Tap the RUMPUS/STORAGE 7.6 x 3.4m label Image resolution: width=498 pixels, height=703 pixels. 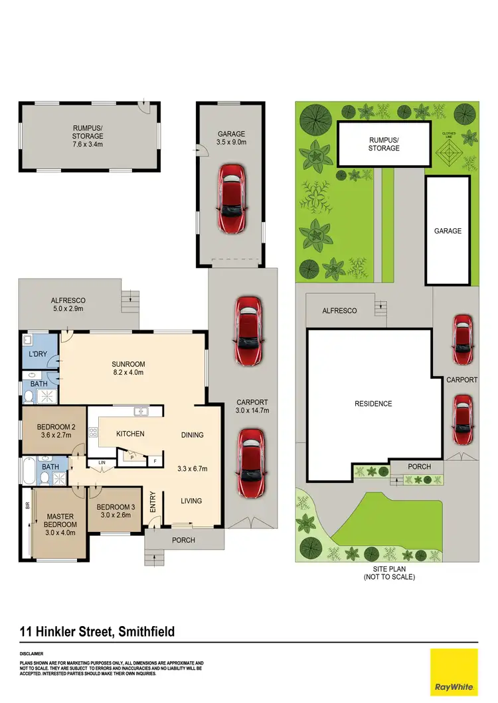point(88,135)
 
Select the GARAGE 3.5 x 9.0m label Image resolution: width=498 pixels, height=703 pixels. point(231,137)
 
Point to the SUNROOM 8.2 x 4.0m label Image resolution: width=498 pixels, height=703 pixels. point(128,368)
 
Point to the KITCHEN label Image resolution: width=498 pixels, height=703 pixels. point(130,434)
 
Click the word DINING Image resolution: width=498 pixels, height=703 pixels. point(192,435)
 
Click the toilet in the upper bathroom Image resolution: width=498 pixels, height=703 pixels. point(28,396)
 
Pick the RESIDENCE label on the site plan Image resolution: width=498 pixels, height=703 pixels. point(373,403)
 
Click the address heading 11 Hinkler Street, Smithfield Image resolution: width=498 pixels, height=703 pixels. point(98,631)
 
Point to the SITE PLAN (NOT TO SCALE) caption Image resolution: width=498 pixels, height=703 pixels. point(388,573)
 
